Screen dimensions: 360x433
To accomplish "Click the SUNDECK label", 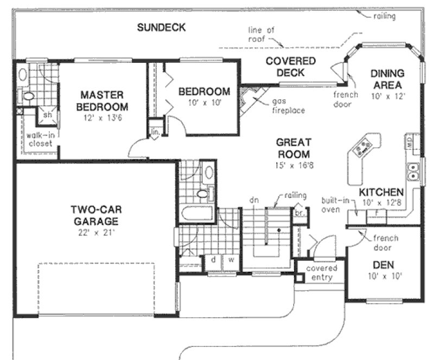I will tap(161, 27).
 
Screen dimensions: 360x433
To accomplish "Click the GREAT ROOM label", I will tap(293, 148).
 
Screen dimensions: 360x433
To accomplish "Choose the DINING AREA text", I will tap(386, 79).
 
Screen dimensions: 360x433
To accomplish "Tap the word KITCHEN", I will tap(381, 192).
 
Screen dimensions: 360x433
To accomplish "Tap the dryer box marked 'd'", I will tap(214, 260).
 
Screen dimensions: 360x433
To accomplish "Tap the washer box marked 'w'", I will tap(230, 260).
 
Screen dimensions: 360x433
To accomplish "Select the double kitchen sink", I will tap(413, 171).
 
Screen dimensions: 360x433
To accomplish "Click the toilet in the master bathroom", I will tap(27, 97).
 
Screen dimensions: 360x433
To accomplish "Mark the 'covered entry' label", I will tap(321, 273).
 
